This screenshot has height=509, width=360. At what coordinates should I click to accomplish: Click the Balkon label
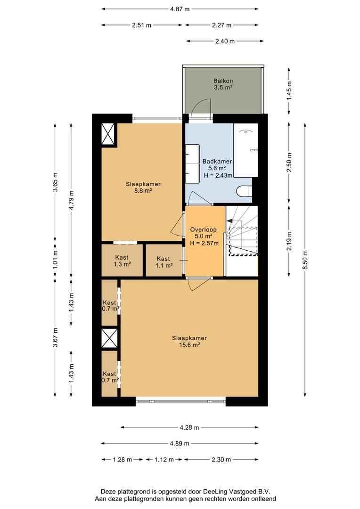pyautogui.click(x=223, y=81)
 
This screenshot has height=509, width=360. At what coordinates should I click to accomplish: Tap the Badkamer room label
pyautogui.click(x=217, y=161)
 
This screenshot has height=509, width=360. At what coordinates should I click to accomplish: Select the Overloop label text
pyautogui.click(x=203, y=230)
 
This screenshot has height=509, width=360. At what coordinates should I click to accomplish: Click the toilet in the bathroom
pyautogui.click(x=245, y=191)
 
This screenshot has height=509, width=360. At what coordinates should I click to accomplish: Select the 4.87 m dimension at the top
pyautogui.click(x=180, y=9)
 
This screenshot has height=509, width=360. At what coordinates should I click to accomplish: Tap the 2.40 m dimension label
pyautogui.click(x=225, y=41)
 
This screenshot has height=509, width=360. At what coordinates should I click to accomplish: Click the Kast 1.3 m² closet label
pyautogui.click(x=122, y=261)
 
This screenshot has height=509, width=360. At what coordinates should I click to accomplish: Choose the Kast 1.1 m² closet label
pyautogui.click(x=164, y=262)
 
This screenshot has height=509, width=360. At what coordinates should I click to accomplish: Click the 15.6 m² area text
pyautogui.click(x=189, y=345)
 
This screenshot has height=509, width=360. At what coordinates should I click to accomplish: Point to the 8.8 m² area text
pyautogui.click(x=143, y=191)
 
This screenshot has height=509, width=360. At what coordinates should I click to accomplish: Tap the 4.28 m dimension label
pyautogui.click(x=189, y=427)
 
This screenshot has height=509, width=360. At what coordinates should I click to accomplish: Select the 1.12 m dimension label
pyautogui.click(x=164, y=460)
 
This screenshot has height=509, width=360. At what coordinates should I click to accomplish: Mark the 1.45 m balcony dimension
pyautogui.click(x=289, y=90)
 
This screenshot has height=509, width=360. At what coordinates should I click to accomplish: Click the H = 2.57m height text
pyautogui.click(x=204, y=243)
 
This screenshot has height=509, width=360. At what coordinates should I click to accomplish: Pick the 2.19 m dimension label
pyautogui.click(x=289, y=240)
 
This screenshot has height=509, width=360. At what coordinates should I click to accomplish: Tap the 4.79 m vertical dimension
pyautogui.click(x=72, y=200)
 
